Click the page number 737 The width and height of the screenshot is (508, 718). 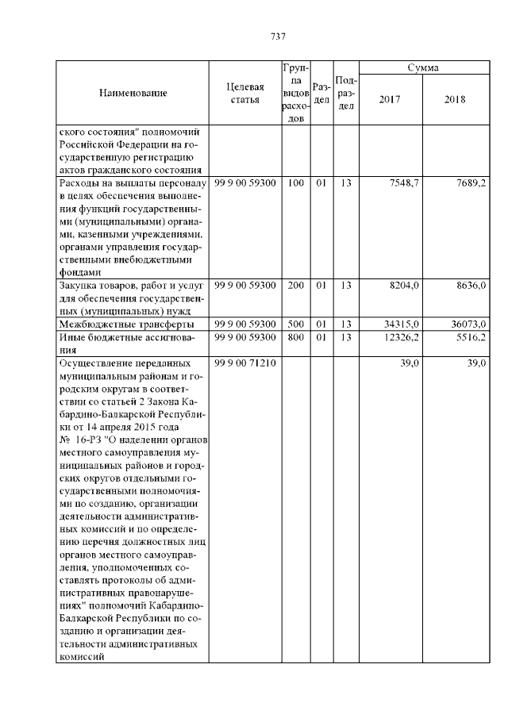point(278,36)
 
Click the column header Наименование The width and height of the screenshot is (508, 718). point(133,94)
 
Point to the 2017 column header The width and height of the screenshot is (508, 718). point(390,100)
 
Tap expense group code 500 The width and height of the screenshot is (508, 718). point(295,324)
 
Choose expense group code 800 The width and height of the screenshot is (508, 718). point(295,338)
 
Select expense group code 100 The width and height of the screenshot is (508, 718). point(295,183)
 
